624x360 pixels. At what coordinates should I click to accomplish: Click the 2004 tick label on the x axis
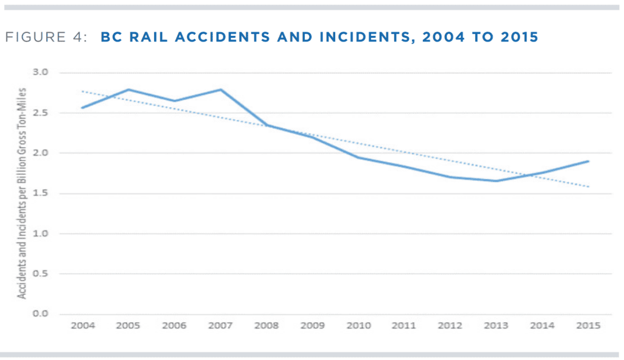(82, 326)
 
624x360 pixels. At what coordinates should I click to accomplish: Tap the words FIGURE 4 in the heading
(55, 37)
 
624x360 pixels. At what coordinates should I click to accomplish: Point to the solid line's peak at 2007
(221, 90)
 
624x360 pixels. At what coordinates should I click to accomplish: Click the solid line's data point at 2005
(128, 90)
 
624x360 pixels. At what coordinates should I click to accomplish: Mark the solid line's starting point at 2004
(82, 108)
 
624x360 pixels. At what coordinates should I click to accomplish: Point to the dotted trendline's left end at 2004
(82, 91)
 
